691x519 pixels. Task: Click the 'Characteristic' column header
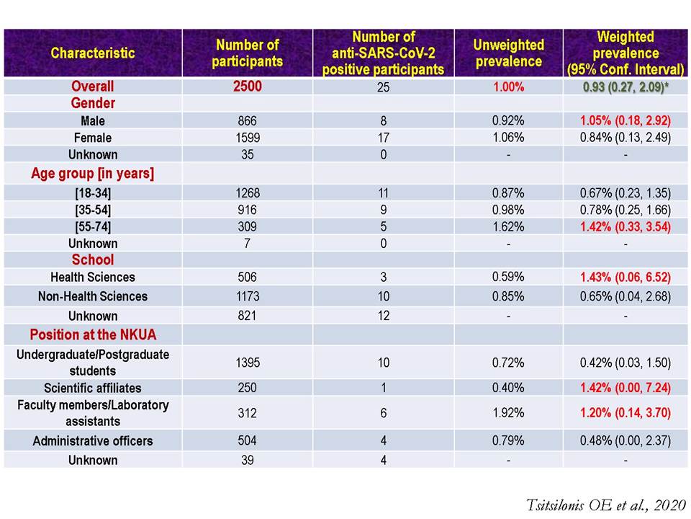pos(93,53)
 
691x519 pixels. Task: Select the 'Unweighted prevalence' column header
pos(509,53)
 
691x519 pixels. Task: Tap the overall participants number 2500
pos(247,86)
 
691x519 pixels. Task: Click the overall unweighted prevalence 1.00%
pos(509,86)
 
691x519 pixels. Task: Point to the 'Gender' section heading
pos(93,103)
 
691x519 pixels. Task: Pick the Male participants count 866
pos(247,121)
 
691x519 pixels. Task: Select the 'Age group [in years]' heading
pos(93,174)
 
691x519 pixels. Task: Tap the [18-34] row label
pos(93,193)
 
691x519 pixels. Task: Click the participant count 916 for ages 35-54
pos(247,210)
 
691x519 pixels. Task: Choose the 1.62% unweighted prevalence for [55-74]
pos(509,226)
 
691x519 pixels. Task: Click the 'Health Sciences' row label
pos(93,277)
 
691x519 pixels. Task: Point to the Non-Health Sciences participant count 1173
pos(247,296)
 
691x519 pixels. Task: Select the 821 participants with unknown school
pos(247,316)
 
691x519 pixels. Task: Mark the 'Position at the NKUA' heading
pos(93,334)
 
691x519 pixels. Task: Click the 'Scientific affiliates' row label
pos(93,388)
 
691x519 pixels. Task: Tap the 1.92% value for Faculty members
pos(509,412)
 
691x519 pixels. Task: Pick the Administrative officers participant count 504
pos(247,440)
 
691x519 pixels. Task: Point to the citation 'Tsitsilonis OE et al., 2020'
pos(606,505)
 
